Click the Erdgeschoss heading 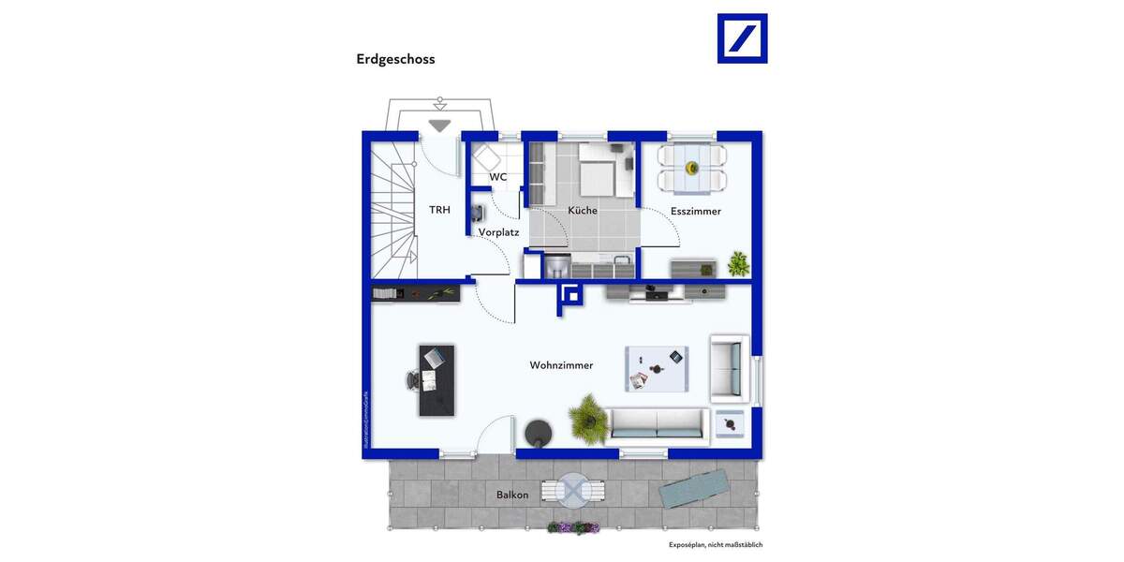coord(395,59)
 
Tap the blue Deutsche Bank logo coord(742,38)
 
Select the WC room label coord(498,177)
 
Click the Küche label coord(583,211)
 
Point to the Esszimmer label coord(696,212)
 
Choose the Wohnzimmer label coord(561,365)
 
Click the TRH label coord(439,210)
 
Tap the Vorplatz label coord(498,232)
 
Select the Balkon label coord(512,495)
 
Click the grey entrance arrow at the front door coord(439,125)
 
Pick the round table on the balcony coord(572,490)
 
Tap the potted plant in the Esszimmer coord(739,263)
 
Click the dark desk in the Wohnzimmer coord(436,380)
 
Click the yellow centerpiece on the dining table coord(692,168)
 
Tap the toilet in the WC coord(485,156)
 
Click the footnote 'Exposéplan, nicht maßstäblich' coord(716,544)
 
